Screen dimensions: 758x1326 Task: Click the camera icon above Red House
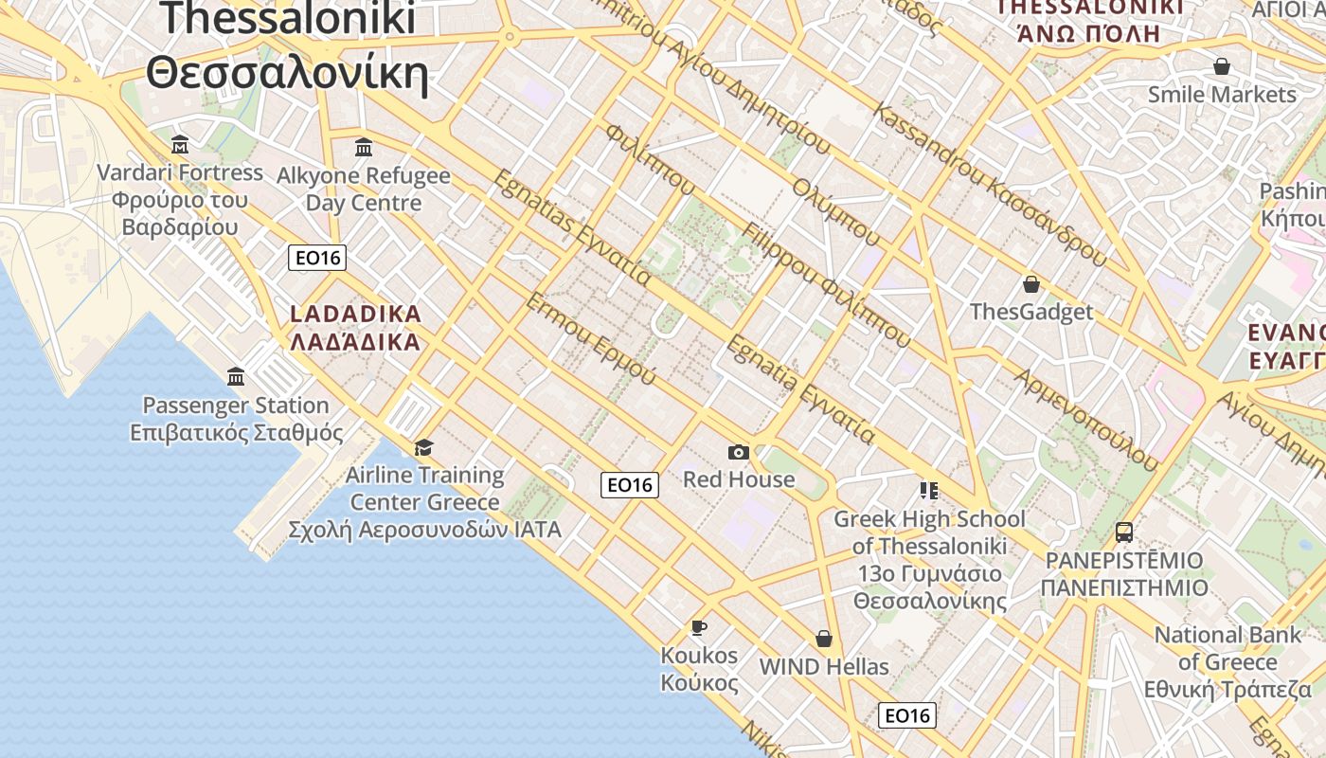[x=739, y=453]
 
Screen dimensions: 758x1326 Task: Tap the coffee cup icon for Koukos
[x=698, y=627]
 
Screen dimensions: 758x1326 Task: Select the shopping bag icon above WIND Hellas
[x=824, y=639]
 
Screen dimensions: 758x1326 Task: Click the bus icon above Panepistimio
[x=1124, y=532]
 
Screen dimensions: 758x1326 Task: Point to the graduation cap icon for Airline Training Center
[x=423, y=447]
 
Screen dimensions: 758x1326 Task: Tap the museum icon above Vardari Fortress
[x=180, y=145]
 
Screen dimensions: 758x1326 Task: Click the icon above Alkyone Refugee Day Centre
[x=364, y=147]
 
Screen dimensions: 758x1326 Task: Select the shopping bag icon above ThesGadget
[x=1031, y=284]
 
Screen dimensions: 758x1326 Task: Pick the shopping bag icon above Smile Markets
[x=1222, y=66]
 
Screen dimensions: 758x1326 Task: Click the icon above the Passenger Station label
[x=236, y=377]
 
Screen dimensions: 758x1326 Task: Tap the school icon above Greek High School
[x=928, y=491]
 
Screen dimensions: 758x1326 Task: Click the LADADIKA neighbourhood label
[x=355, y=327]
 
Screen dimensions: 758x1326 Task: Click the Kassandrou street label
[x=990, y=184]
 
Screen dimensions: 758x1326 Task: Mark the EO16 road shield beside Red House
[x=630, y=485]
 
